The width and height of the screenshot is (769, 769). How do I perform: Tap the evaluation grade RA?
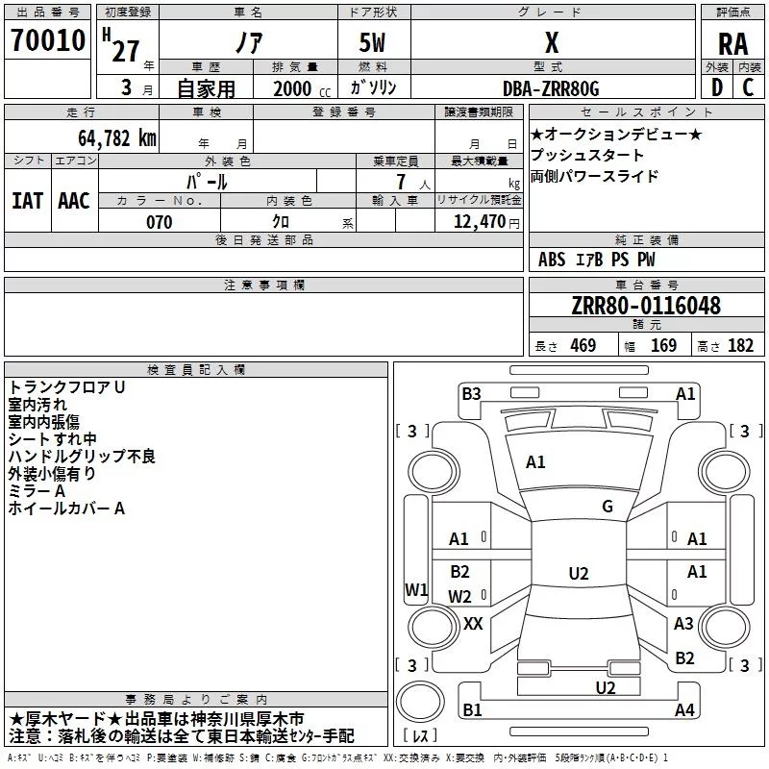[732, 43]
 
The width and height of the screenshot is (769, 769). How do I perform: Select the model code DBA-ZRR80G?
[551, 88]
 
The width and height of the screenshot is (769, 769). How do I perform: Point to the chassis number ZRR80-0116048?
[646, 306]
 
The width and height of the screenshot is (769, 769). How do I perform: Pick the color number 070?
[159, 222]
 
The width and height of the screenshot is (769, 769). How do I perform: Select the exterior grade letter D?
[715, 87]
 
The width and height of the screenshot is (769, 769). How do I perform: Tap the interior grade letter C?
[748, 87]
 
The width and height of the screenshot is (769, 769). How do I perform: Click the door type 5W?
[375, 43]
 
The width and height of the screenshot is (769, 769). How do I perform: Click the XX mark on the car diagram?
[473, 624]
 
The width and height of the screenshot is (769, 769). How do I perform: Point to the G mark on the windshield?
[608, 507]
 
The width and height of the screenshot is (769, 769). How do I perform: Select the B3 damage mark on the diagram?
[471, 393]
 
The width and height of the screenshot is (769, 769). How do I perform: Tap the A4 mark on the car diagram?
[684, 710]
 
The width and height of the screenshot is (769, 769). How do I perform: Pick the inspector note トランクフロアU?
[67, 387]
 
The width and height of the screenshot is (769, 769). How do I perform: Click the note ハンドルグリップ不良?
[82, 457]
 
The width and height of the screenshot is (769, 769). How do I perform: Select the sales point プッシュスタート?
[587, 156]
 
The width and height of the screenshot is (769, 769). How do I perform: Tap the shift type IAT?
[27, 200]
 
